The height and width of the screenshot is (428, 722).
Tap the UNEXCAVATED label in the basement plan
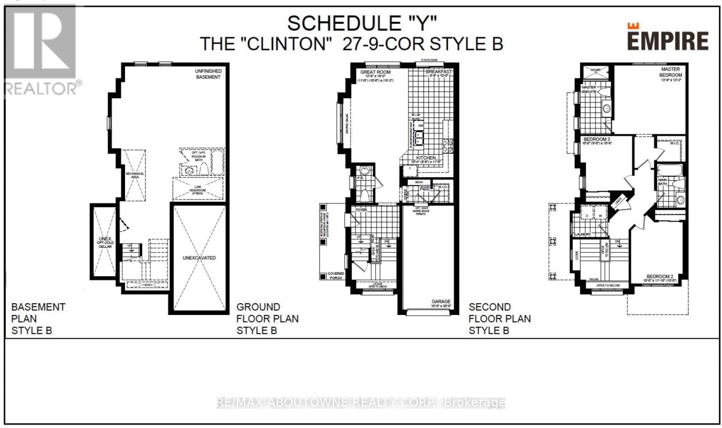(x=199, y=258)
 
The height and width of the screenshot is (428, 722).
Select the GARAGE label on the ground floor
(x=440, y=301)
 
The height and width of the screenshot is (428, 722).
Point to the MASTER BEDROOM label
(x=671, y=72)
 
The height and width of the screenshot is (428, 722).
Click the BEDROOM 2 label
(x=660, y=276)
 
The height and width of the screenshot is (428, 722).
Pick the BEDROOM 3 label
(x=597, y=139)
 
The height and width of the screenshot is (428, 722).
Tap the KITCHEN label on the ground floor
(x=426, y=158)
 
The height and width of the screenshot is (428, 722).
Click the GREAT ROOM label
(x=375, y=72)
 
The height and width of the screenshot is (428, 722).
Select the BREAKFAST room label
(x=439, y=72)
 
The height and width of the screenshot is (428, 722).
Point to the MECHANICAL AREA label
(x=135, y=175)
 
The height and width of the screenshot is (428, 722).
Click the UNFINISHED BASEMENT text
(x=208, y=74)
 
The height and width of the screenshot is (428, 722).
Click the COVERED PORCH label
(x=336, y=276)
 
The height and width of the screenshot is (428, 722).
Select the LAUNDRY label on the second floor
(x=583, y=234)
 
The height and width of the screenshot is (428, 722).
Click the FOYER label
(x=361, y=210)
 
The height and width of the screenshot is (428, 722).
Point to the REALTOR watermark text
(x=43, y=88)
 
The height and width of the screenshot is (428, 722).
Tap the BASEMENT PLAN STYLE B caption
(x=38, y=319)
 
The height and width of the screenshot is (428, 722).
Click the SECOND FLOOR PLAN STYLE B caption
(x=500, y=319)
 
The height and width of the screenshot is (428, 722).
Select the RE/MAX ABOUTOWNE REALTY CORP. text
(x=361, y=402)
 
